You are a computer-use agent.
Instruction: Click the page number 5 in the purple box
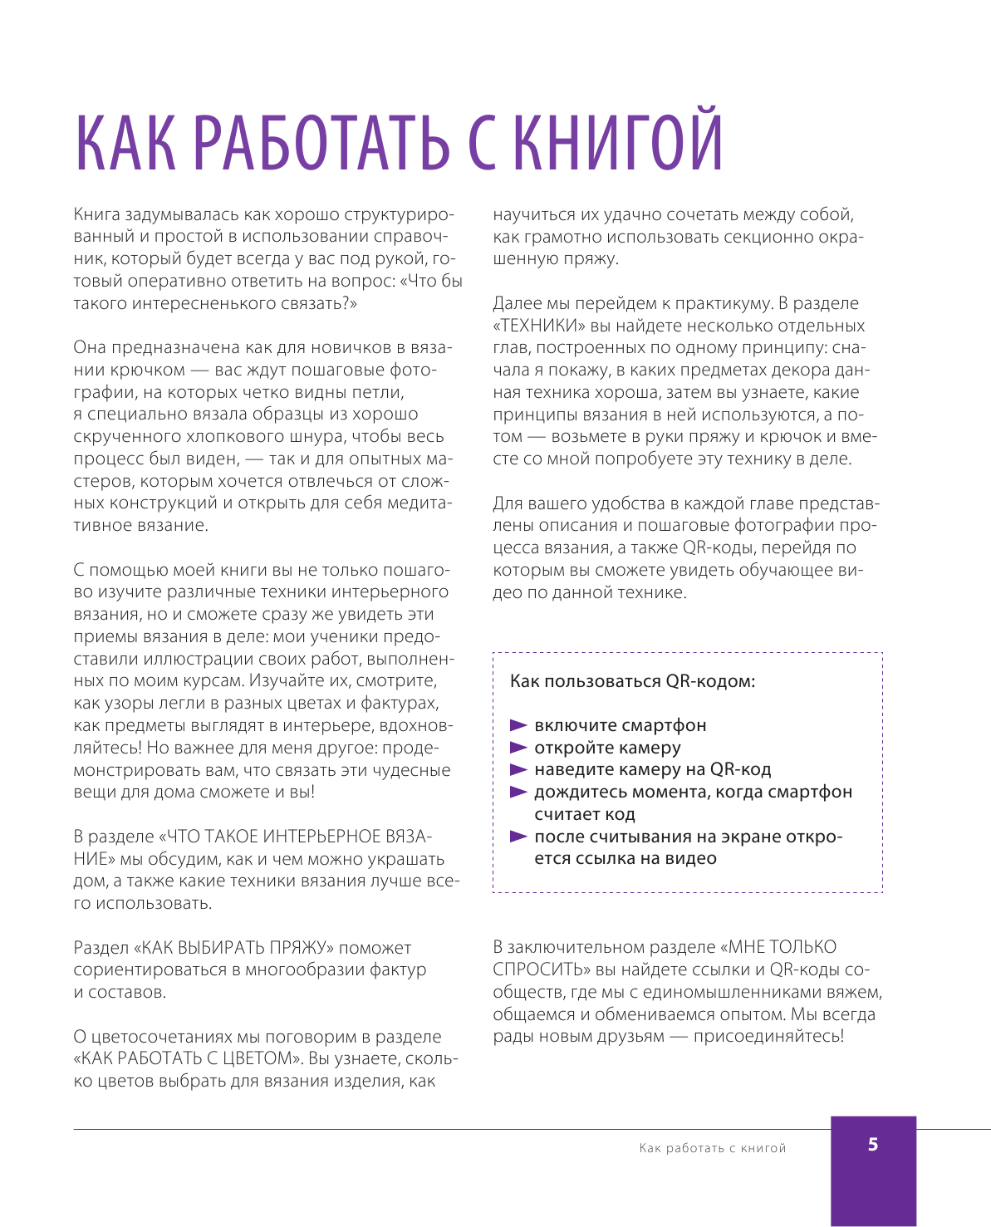tap(872, 1145)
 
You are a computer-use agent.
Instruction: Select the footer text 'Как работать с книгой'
tap(712, 1148)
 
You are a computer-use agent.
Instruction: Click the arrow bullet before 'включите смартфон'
tap(518, 725)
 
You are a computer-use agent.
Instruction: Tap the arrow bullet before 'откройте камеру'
tap(518, 748)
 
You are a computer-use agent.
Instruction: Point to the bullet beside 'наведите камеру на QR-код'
tap(518, 770)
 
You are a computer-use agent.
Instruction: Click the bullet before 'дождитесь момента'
tap(518, 792)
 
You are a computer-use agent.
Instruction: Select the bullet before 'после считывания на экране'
tap(518, 837)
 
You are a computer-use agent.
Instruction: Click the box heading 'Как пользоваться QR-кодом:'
tap(632, 681)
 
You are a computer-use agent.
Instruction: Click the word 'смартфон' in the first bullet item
tap(664, 725)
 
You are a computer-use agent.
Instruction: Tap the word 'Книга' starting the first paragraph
tap(96, 215)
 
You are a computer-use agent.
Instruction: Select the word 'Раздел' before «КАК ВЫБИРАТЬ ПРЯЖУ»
tap(99, 948)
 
